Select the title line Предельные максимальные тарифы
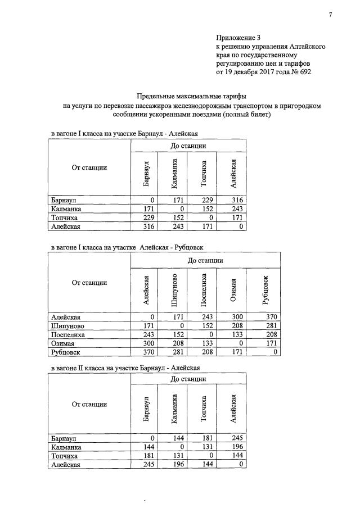click(x=192, y=96)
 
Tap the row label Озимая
click(x=62, y=344)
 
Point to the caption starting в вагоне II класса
click(x=124, y=368)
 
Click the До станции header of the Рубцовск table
click(x=205, y=261)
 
